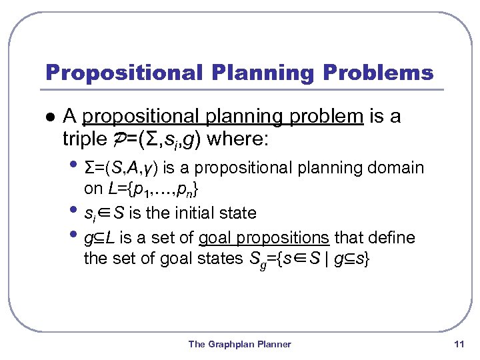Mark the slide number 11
pos(458,344)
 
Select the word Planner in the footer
pos(276,344)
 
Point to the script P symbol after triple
pos(113,140)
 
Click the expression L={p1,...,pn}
pos(152,190)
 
